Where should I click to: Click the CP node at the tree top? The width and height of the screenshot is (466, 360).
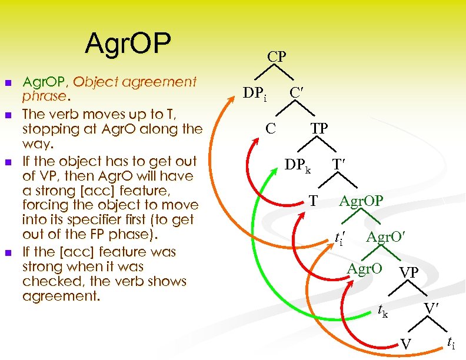tap(277, 56)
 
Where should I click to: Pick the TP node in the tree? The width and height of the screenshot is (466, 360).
tap(319, 128)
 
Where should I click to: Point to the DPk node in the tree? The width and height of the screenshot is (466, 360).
tap(297, 165)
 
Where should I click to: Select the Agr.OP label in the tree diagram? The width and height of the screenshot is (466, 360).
tap(361, 201)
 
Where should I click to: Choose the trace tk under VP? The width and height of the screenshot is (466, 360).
tap(382, 311)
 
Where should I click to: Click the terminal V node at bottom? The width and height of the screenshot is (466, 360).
tap(406, 345)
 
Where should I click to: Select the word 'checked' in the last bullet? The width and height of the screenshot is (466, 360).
tap(44, 281)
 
